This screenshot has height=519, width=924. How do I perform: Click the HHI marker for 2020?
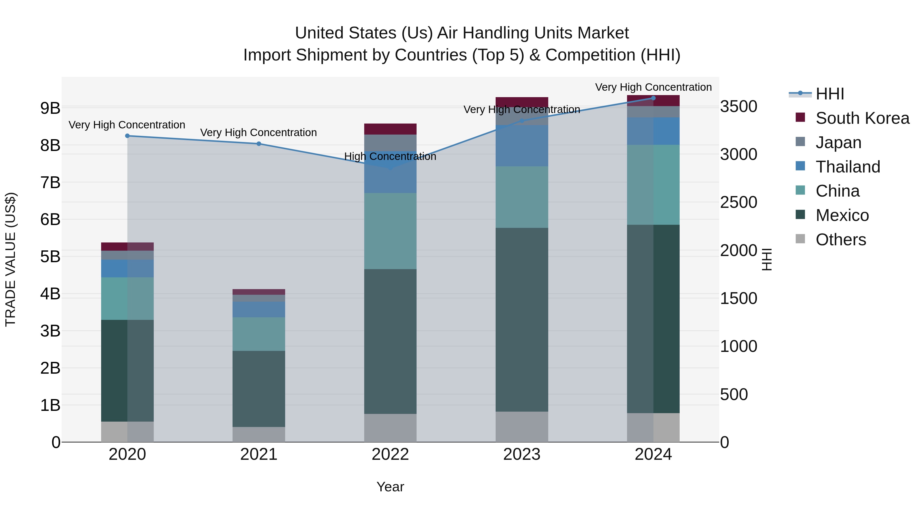[x=127, y=136]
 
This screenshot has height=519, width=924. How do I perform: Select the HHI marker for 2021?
[x=259, y=144]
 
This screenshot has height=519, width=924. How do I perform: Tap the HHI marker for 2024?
[x=653, y=98]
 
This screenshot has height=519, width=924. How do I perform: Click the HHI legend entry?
[x=829, y=94]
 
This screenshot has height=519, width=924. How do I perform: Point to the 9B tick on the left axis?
[x=50, y=108]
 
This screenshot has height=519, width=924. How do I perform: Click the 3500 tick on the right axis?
[x=738, y=107]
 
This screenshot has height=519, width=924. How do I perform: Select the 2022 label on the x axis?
[x=390, y=454]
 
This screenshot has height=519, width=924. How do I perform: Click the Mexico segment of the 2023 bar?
[x=522, y=320]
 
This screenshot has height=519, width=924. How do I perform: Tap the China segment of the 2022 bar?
[x=390, y=231]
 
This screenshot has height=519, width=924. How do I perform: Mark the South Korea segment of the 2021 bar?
[x=259, y=292]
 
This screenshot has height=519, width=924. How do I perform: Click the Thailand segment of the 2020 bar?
[x=127, y=268]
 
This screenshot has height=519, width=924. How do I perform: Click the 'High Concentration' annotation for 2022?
[x=390, y=157]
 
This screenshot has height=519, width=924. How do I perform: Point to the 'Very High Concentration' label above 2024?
[x=653, y=87]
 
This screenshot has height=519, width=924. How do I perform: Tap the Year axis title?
[x=390, y=487]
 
